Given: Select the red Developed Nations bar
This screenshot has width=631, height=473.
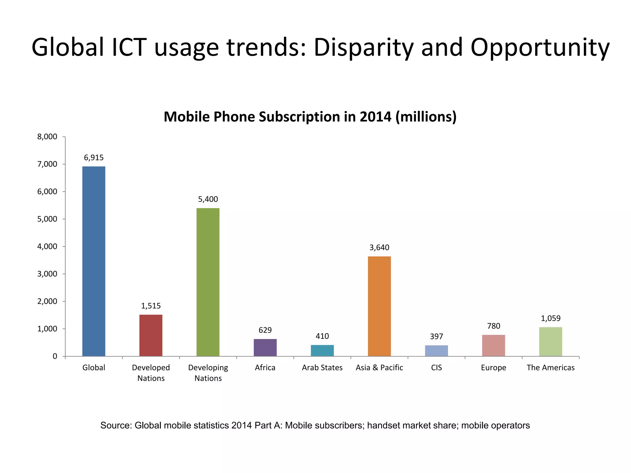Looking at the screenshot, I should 151,335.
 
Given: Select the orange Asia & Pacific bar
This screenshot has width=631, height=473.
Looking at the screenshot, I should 379,306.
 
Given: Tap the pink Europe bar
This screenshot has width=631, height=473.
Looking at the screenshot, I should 493,345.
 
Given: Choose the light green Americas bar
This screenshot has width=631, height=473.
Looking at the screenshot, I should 551,342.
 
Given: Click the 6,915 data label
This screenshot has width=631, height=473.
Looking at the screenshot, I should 94,158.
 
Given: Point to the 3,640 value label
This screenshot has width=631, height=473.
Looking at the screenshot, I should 379,248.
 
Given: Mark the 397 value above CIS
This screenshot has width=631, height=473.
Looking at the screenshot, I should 436,337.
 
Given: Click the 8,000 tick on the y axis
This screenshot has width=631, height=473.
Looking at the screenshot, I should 47,137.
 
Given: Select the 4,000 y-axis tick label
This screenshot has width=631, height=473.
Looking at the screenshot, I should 47,247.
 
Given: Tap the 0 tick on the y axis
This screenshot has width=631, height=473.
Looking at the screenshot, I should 55,356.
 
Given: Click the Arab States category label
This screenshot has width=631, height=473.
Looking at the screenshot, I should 322,368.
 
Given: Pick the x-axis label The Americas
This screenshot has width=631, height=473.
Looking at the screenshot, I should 551,368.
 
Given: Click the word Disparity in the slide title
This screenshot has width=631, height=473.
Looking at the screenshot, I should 364,48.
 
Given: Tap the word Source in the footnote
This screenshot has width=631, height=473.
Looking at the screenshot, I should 116,426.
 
